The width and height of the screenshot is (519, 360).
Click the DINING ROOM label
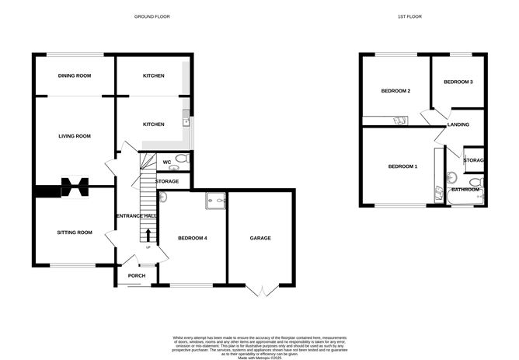coord(75,75)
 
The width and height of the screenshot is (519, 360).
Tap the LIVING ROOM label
coord(75,136)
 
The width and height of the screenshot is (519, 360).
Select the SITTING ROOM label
coord(75,232)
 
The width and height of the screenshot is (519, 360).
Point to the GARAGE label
coord(260,238)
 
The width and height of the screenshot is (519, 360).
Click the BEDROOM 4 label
coord(192,238)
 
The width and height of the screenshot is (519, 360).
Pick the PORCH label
coord(137,275)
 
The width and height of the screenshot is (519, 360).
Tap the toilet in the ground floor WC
coord(181,161)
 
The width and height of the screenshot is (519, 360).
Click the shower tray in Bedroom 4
coord(214,201)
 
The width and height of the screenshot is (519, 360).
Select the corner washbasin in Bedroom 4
coord(163,197)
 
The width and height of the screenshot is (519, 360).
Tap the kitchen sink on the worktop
coord(186,119)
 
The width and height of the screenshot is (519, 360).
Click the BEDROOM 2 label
coord(395,91)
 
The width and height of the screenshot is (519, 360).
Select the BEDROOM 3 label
coord(458,82)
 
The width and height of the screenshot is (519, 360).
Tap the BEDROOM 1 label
coord(402,166)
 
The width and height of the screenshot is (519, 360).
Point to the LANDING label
coord(457,124)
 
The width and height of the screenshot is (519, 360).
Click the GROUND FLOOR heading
coord(152,16)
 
